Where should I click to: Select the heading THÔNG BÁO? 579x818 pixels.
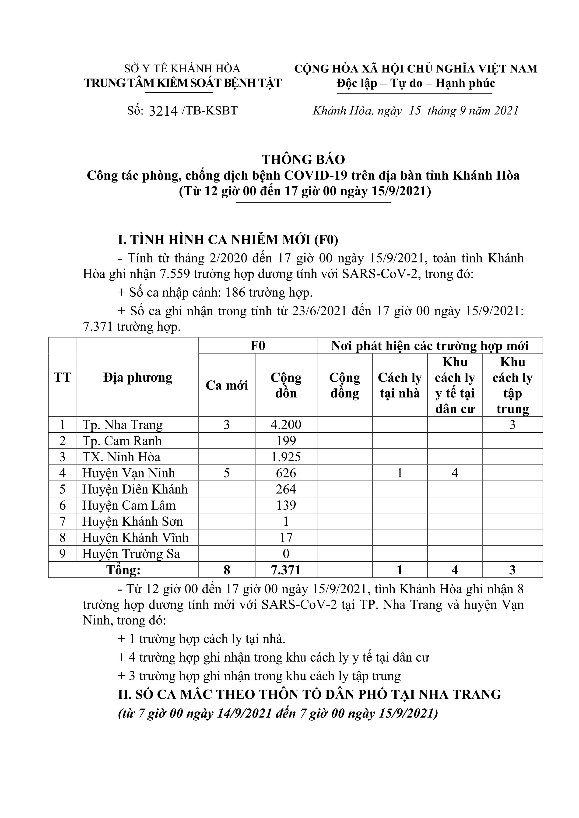click(x=303, y=159)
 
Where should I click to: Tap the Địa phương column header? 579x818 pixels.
click(x=138, y=377)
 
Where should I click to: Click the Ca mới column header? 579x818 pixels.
click(x=227, y=385)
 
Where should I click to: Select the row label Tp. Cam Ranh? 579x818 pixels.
click(x=122, y=441)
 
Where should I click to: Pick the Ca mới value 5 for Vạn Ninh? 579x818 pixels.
click(x=227, y=473)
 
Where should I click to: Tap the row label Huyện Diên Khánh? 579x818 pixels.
click(x=135, y=489)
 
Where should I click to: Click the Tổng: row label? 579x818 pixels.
click(x=123, y=570)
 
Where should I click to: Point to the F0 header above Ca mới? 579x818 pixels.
click(x=258, y=345)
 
